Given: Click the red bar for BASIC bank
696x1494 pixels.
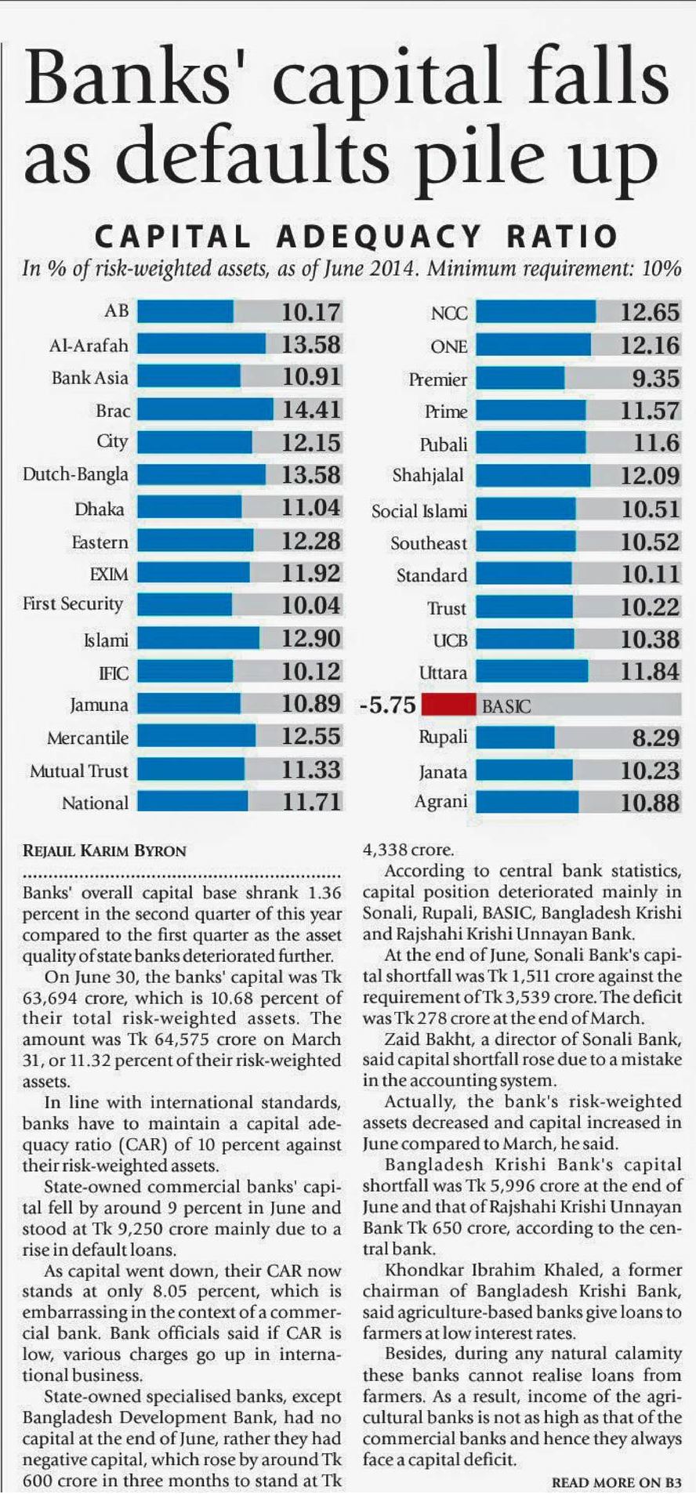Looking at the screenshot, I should pyautogui.click(x=448, y=705).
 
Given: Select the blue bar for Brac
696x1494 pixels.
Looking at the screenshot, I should pyautogui.click(x=205, y=410).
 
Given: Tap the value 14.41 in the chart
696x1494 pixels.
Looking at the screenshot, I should pyautogui.click(x=311, y=410).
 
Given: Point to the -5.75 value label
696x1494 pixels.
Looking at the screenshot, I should pyautogui.click(x=387, y=705).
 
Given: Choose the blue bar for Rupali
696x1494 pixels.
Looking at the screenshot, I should pyautogui.click(x=515, y=738).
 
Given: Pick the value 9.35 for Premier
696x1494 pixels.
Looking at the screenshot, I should pyautogui.click(x=656, y=379).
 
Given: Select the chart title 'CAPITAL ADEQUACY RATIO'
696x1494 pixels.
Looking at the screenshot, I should pyautogui.click(x=356, y=236).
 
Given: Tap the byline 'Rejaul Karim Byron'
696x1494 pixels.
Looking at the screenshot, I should pyautogui.click(x=104, y=850).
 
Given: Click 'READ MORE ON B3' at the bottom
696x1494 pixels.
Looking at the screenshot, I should pyautogui.click(x=617, y=1482).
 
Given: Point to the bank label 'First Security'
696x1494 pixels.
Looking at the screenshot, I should pyautogui.click(x=73, y=604).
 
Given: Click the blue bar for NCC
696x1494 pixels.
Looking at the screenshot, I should pyautogui.click(x=535, y=313).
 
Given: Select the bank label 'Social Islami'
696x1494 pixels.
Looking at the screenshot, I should pyautogui.click(x=419, y=511).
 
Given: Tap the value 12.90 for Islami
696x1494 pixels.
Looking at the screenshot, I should pyautogui.click(x=311, y=639).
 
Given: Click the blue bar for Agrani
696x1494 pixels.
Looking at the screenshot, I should pyautogui.click(x=527, y=802).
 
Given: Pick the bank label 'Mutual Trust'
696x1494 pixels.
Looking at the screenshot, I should pyautogui.click(x=78, y=771).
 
